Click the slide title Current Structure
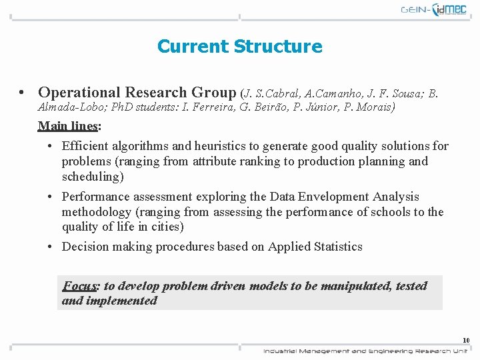(239, 46)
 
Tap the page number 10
(466, 340)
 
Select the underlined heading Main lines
(69, 125)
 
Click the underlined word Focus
(80, 286)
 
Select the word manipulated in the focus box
(355, 286)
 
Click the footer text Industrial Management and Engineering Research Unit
(365, 351)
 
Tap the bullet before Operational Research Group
(23, 93)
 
